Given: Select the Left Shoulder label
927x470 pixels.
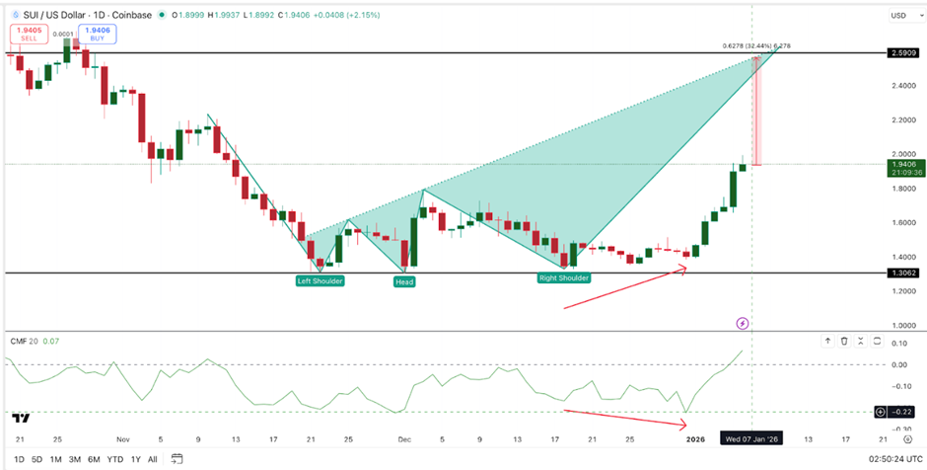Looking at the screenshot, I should [321, 281].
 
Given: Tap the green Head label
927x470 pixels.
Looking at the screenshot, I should [404, 281].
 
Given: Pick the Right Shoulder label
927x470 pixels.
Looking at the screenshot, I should [564, 278].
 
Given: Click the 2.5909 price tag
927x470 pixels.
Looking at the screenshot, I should [901, 51].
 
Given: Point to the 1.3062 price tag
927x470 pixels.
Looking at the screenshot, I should [901, 273].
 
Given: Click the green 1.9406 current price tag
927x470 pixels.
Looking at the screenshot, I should [901, 168].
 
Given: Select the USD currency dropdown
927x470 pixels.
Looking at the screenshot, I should [899, 15].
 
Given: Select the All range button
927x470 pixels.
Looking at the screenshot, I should [152, 459].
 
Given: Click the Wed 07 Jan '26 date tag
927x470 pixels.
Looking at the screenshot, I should [751, 437].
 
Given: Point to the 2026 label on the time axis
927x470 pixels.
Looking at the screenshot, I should [695, 437].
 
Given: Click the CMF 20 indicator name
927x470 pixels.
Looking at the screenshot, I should [24, 342].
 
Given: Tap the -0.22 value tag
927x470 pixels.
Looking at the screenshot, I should [900, 410].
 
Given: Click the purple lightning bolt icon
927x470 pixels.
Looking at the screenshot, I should [743, 323].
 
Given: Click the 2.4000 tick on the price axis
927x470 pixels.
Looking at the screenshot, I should [900, 86].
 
